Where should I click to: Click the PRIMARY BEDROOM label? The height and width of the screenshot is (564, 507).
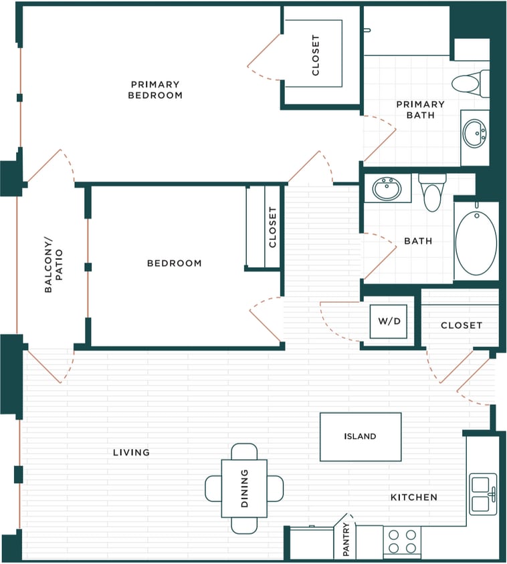(156, 90)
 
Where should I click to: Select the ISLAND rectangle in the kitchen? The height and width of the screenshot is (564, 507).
(360, 437)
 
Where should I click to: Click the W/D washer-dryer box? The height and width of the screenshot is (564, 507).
(389, 321)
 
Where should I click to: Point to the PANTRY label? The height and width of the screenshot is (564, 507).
(346, 540)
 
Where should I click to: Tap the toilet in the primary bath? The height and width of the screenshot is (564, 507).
(468, 84)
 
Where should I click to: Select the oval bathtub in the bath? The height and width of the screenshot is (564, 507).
(476, 241)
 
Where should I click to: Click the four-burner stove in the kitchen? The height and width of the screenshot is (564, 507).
(402, 541)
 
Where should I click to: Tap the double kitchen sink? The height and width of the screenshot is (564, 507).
(483, 494)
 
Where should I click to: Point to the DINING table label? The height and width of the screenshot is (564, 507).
(244, 488)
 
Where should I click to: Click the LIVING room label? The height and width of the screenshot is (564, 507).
(131, 452)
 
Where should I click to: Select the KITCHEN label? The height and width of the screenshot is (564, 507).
(414, 497)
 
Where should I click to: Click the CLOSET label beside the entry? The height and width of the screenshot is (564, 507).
(461, 325)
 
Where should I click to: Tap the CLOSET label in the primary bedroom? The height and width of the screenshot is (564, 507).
(316, 55)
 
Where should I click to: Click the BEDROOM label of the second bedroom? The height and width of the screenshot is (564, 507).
(174, 263)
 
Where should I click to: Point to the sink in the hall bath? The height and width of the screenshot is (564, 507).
(387, 188)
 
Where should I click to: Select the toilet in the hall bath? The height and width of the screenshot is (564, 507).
(432, 192)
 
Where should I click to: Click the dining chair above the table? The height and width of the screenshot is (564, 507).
(244, 451)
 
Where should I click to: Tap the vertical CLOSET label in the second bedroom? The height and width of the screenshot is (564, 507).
(272, 227)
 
